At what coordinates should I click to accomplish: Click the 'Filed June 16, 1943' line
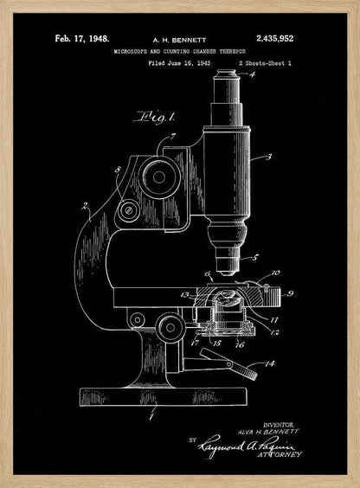point(180,64)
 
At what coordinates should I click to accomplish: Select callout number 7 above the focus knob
point(176,138)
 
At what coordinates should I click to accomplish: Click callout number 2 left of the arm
point(85,206)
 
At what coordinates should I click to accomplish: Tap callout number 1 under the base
point(153,418)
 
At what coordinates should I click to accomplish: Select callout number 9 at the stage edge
point(291,294)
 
